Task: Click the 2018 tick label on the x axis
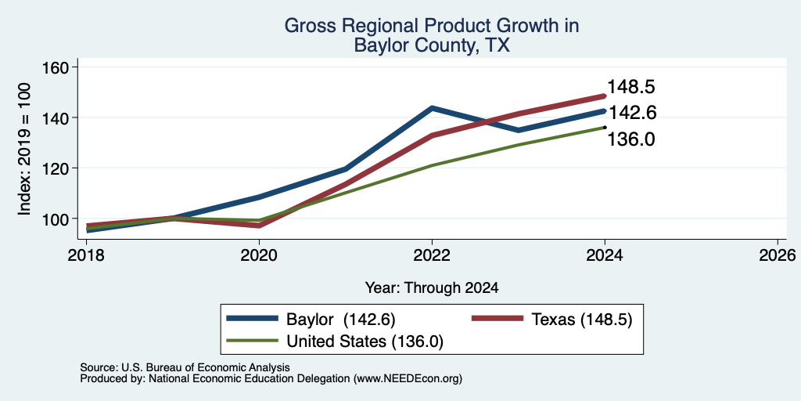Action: tap(86, 255)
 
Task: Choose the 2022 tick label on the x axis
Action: tap(432, 255)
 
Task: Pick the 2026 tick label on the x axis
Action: tap(777, 255)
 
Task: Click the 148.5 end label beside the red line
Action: tap(631, 88)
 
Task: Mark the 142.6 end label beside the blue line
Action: tap(631, 113)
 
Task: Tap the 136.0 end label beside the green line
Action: tap(631, 139)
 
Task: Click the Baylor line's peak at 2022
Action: tap(432, 108)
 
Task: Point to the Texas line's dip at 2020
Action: tap(259, 225)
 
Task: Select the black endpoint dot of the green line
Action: tap(605, 128)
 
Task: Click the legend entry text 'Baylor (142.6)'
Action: tap(341, 320)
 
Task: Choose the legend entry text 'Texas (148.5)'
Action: tap(582, 320)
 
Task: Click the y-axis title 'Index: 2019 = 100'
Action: tap(24, 150)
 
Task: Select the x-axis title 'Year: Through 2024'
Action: tap(432, 288)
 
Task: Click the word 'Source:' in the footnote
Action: tap(99, 367)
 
